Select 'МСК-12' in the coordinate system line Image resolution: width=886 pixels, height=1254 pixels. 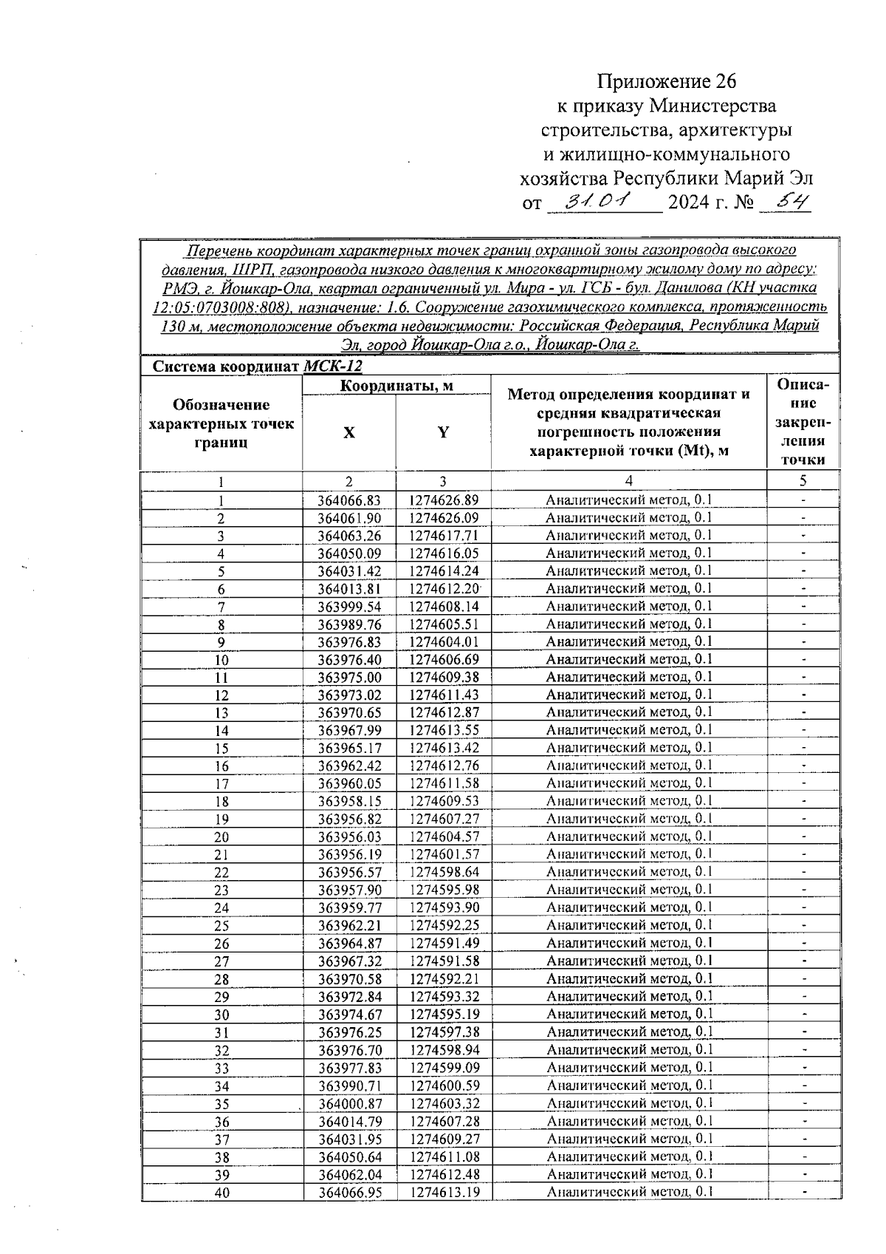tap(333, 367)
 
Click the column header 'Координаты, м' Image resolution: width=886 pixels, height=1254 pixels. tap(396, 386)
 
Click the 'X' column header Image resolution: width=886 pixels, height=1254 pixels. tap(348, 433)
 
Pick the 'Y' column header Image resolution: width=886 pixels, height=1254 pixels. tap(443, 433)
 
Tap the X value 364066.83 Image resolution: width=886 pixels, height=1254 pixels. tap(349, 500)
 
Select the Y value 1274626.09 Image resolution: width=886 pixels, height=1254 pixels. tap(444, 518)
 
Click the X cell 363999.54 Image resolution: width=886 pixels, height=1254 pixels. tap(349, 607)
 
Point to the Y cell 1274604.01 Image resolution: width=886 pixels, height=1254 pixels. tap(444, 642)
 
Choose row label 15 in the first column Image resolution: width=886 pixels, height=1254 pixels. tap(221, 749)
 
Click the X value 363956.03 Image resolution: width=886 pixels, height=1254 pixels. tap(349, 836)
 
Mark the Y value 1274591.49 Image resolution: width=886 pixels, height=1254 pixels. tap(444, 943)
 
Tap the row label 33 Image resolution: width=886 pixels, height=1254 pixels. tap(221, 1069)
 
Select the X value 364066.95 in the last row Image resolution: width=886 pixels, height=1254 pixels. tap(350, 1193)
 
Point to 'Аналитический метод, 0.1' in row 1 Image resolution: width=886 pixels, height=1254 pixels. tap(629, 500)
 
